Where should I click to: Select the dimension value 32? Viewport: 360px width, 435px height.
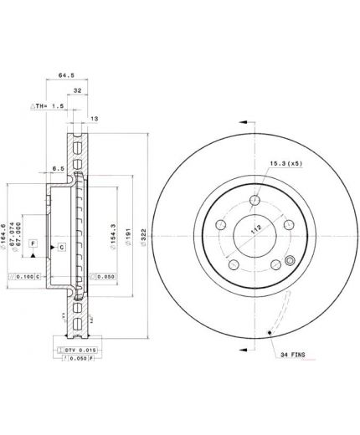click(x=77, y=91)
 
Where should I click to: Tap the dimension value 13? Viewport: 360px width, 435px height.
click(x=95, y=119)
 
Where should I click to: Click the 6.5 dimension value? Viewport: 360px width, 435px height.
click(x=59, y=168)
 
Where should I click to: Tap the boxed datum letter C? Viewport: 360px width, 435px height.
click(x=61, y=248)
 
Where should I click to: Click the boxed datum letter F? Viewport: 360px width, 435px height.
click(x=33, y=243)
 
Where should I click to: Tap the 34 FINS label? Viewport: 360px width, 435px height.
click(x=293, y=354)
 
